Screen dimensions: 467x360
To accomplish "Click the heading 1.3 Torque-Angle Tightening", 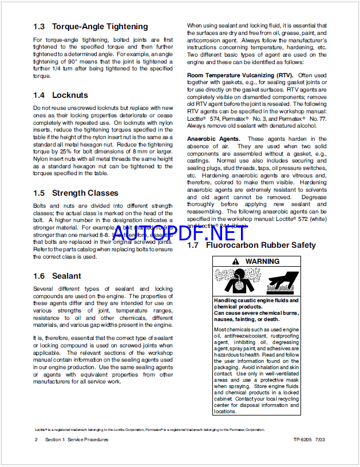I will [90, 26].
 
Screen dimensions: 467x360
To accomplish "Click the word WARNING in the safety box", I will [263, 261].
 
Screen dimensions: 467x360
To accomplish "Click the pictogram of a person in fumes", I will [234, 281].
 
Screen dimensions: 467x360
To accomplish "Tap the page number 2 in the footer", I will [36, 440].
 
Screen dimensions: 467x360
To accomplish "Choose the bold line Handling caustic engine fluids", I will [256, 300].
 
